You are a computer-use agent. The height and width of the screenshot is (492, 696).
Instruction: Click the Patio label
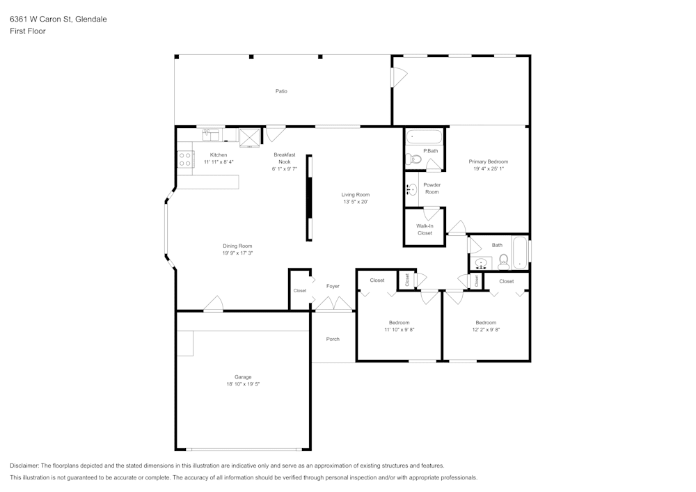tap(281, 91)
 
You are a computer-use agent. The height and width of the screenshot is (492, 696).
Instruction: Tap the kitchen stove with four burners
tap(185, 159)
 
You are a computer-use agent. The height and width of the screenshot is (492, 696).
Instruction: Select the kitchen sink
tap(211, 134)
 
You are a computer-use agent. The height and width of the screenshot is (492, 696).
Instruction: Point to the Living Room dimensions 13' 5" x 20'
tap(355, 202)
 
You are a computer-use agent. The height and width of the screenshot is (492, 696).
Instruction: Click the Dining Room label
tap(237, 246)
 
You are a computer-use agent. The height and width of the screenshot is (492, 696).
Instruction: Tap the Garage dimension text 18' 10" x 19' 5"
tap(243, 384)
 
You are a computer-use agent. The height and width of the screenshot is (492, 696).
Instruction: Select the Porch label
tap(333, 339)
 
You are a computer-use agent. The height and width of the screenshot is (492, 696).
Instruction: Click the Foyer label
tap(333, 286)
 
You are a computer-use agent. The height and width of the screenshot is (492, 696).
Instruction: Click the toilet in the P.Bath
tap(414, 159)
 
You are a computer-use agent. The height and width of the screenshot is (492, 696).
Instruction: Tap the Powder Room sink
tap(411, 189)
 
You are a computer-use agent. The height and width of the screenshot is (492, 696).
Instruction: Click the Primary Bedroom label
tap(488, 161)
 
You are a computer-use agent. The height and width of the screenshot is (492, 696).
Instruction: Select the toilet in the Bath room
tap(504, 261)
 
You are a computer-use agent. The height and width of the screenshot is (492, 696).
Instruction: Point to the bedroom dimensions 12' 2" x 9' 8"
tap(486, 330)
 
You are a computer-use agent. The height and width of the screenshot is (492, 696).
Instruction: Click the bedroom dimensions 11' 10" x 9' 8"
tap(399, 330)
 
